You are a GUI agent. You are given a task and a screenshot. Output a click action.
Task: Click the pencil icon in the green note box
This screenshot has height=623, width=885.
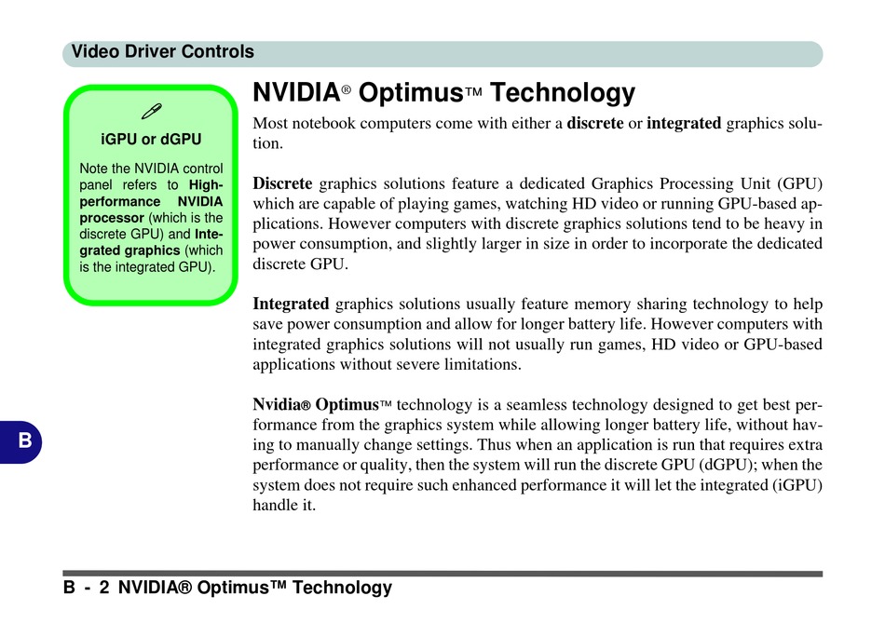(151, 111)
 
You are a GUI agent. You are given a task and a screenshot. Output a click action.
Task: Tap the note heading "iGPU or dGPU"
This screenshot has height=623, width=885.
(151, 139)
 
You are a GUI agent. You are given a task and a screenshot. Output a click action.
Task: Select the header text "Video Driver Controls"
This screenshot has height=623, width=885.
(162, 52)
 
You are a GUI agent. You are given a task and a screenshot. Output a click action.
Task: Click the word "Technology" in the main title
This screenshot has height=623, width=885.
(563, 93)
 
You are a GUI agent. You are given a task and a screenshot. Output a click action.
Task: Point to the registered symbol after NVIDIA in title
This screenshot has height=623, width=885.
(346, 89)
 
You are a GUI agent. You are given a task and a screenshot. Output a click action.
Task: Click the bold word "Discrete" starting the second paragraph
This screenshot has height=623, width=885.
(282, 183)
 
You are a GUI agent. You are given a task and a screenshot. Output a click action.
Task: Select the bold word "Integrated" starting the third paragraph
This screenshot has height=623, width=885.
(291, 305)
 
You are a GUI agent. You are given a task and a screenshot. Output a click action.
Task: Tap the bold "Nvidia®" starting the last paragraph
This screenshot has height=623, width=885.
(281, 404)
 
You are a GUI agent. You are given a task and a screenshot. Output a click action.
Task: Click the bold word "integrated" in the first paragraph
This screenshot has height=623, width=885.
(684, 123)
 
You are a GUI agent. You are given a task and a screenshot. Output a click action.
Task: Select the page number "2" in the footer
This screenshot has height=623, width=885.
(103, 588)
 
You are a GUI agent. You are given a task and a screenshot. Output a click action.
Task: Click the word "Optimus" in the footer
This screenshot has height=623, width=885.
(233, 588)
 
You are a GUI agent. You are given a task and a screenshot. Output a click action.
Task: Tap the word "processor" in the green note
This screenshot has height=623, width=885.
(112, 218)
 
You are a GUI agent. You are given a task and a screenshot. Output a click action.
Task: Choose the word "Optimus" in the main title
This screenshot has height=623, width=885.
(411, 93)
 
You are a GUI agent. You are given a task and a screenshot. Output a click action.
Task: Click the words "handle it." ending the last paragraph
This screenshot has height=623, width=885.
(284, 505)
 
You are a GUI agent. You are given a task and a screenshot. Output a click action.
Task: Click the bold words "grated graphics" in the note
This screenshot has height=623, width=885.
(129, 251)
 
